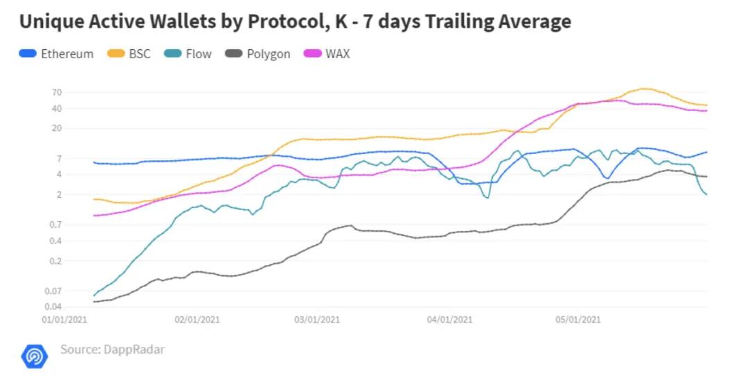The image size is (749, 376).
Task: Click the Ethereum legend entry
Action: coord(57,53)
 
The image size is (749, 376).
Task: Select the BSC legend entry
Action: coord(130,53)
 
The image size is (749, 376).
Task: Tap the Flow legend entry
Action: coord(189,53)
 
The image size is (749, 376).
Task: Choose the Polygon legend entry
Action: coord(259,53)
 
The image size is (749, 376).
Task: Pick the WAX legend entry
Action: coord(329,53)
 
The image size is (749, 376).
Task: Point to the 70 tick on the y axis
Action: coord(57,92)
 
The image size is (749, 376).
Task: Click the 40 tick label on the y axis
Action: coord(57,108)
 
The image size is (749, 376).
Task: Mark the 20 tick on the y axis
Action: coord(57,128)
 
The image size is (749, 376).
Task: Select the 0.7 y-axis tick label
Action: coord(55,224)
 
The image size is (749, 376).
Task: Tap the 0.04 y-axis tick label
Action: coord(53,307)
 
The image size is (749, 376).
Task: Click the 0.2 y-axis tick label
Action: coord(55,261)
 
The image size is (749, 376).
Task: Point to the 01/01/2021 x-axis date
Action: coord(64,320)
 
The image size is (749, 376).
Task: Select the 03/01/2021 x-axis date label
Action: coord(317,320)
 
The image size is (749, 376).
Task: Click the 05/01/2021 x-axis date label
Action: coord(578,320)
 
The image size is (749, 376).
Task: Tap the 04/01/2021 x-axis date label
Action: coord(449,320)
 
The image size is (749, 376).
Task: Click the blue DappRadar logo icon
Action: coord(34,355)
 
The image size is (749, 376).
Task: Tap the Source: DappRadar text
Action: coord(112,349)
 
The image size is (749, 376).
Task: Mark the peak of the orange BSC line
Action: coord(644,89)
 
